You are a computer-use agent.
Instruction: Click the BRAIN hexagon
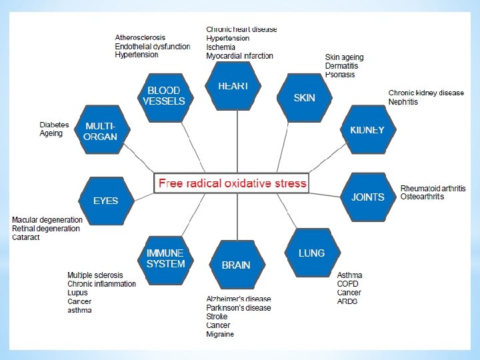236,265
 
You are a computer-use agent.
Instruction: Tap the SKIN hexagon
304,97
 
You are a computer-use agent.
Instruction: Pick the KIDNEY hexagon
367,130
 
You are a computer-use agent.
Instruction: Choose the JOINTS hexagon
367,197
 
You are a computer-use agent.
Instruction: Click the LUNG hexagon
311,253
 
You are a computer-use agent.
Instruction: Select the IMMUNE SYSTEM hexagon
165,258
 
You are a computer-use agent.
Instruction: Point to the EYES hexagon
105,200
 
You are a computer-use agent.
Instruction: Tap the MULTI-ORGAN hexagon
101,131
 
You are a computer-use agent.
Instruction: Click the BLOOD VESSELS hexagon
164,95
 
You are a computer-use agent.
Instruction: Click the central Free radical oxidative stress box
231,183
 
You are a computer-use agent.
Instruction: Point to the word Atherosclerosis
140,37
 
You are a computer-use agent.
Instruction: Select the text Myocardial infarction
239,56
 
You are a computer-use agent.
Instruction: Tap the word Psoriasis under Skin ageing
340,75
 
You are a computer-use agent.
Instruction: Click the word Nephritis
403,102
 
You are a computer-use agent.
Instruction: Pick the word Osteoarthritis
422,197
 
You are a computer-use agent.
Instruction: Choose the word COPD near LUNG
347,284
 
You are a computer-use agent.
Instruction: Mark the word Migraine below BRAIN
220,334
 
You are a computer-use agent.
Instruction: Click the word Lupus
77,293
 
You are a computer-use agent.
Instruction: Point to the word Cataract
26,237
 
